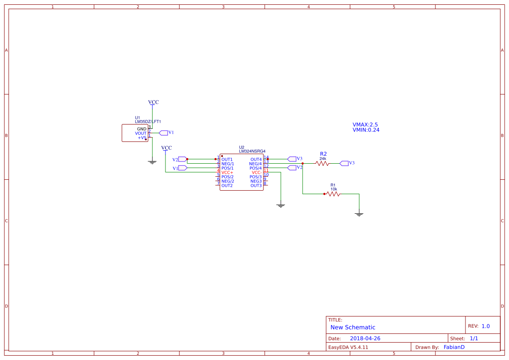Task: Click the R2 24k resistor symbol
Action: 323,164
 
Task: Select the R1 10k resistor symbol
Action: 333,194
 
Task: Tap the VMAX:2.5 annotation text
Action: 365,124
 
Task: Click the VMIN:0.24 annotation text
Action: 366,130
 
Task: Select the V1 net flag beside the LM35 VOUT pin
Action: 164,132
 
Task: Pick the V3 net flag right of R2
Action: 344,163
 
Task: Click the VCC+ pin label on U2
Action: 227,172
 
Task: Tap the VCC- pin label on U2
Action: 256,172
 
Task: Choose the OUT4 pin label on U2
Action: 256,159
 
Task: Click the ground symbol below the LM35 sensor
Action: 152,162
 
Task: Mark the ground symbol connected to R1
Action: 359,214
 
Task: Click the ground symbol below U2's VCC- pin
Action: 281,205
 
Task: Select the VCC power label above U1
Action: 153,102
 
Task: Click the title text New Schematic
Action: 353,327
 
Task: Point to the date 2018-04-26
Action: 365,338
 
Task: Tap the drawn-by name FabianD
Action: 454,347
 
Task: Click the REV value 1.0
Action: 485,326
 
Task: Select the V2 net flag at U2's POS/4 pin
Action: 292,168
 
